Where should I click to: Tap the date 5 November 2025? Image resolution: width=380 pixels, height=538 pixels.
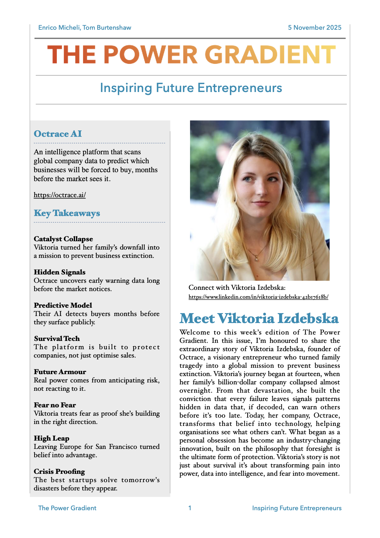click(315, 27)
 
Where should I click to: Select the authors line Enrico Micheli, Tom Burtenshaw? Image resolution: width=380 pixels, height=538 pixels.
click(85, 27)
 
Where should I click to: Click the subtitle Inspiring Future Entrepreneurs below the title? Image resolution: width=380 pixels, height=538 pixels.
click(191, 88)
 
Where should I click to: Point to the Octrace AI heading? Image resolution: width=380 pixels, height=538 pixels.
click(58, 134)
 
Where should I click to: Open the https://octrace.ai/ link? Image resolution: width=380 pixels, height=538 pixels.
click(60, 195)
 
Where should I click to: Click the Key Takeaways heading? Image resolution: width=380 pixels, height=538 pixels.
click(67, 213)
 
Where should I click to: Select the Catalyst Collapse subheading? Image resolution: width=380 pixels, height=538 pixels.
click(63, 239)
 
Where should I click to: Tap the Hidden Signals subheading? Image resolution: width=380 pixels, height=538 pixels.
click(60, 272)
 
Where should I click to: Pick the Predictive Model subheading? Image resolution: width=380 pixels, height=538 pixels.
click(63, 305)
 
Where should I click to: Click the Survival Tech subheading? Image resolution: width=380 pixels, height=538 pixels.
click(57, 339)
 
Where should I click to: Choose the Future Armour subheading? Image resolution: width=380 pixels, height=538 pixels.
click(60, 372)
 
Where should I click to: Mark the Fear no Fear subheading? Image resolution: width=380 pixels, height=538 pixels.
click(55, 405)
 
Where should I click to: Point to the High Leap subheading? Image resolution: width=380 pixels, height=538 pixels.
click(51, 438)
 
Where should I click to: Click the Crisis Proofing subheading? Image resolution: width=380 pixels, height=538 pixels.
click(59, 472)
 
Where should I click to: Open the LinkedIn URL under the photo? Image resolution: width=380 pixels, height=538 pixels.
click(258, 297)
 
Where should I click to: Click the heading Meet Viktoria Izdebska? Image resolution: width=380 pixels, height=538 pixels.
click(259, 319)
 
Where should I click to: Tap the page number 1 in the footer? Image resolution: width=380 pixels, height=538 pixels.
click(190, 508)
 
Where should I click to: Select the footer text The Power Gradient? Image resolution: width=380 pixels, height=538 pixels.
click(67, 508)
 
